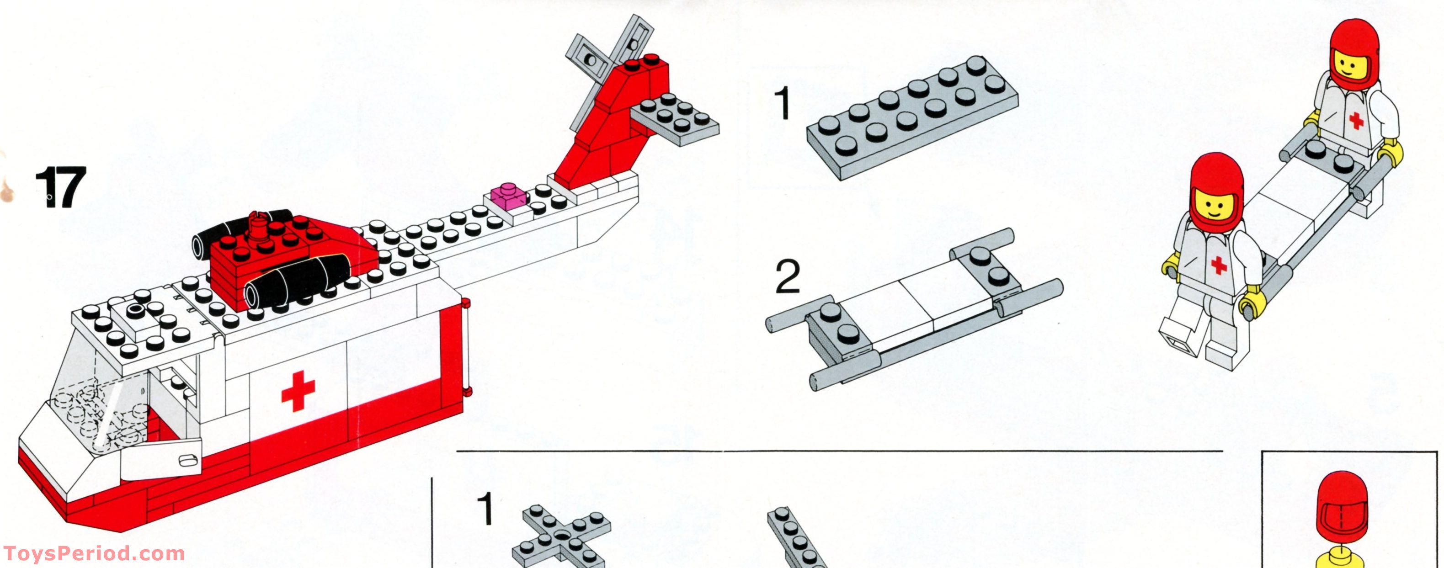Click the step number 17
pos(60,188)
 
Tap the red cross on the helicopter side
pos(298,390)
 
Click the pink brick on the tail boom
pos(508,199)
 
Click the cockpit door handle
pos(186,461)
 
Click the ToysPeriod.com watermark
pos(94,553)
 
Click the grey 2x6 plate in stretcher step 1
pos(912,117)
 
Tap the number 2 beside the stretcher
pos(788,277)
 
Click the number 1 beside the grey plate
pos(782,104)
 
